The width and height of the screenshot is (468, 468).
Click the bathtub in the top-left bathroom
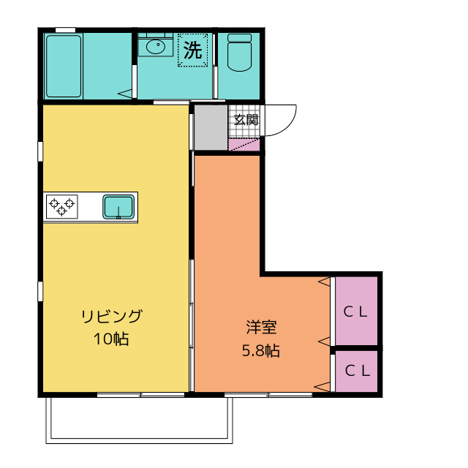[64, 67]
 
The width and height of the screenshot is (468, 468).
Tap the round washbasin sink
[156, 47]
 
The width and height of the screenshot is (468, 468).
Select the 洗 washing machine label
[193, 50]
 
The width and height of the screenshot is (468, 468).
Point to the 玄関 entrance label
[246, 119]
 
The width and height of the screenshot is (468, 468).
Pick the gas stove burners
[61, 206]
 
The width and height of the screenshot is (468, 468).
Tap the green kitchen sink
[118, 206]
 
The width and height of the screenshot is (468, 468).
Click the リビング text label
[111, 317]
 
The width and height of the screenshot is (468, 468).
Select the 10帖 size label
[111, 339]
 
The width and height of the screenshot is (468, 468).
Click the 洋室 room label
[260, 328]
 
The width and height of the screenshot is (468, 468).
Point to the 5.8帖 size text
[260, 350]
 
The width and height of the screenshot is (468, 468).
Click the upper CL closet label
[356, 311]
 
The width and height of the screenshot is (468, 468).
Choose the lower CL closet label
[356, 370]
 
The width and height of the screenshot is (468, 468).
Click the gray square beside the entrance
[211, 128]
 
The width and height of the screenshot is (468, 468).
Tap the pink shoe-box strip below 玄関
[245, 145]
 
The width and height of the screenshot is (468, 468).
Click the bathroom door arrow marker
[126, 93]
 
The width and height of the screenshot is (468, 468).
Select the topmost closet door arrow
[323, 282]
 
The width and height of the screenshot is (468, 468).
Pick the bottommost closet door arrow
[322, 385]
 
